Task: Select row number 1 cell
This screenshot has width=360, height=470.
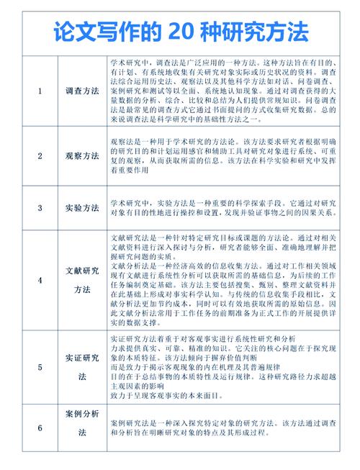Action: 40,92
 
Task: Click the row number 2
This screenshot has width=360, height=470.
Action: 40,155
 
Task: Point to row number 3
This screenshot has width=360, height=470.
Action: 40,208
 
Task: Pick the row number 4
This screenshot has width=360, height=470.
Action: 40,280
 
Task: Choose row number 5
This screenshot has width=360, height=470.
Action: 40,367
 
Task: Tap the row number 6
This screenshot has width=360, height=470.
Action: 40,429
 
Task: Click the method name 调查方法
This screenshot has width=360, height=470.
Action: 82,92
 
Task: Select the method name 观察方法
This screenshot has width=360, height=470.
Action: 82,155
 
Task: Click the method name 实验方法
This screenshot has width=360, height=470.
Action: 82,208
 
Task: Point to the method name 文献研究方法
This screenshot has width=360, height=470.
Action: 82,280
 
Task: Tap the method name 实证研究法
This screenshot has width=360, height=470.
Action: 82,367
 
